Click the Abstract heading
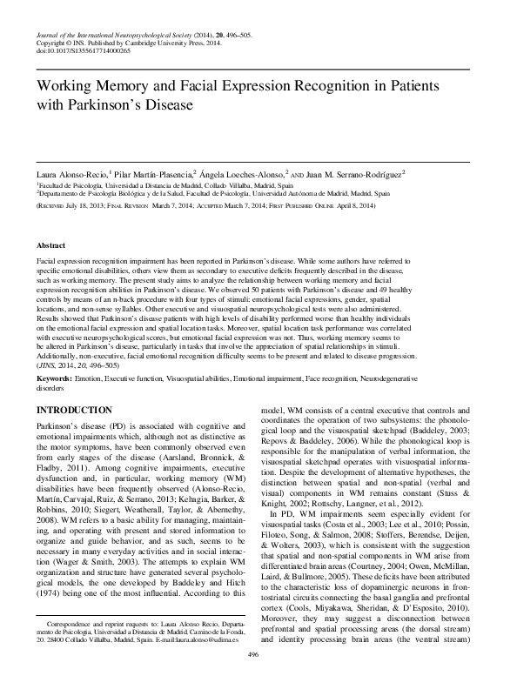50,246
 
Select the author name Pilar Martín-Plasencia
151,174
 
